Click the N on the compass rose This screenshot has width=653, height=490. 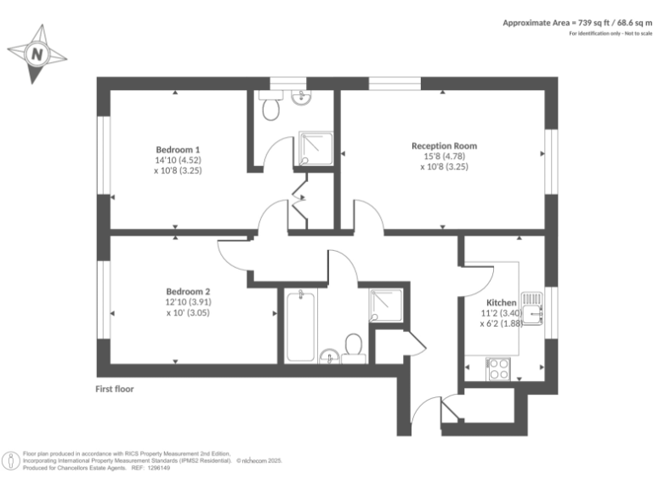37,54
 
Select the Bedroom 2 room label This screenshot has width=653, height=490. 188,291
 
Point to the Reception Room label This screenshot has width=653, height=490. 444,145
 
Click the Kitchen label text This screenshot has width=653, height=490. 501,303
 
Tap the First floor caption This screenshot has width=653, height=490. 115,389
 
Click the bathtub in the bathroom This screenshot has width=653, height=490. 300,327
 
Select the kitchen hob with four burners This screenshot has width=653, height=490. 497,368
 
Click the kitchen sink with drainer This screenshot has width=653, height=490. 532,307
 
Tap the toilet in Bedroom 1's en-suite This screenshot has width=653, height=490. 272,108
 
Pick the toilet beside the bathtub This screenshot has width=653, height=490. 354,346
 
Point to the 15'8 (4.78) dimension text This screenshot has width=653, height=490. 444,157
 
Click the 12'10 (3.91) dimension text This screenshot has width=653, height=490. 188,302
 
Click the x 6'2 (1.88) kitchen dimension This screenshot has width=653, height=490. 501,323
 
